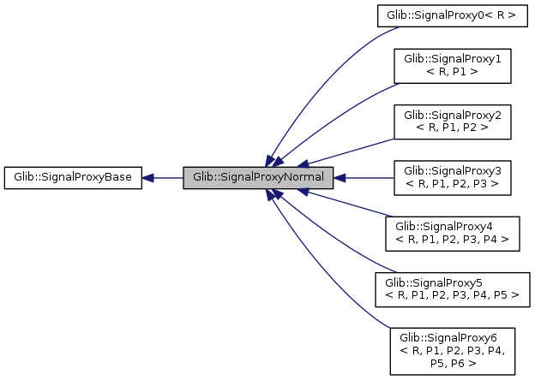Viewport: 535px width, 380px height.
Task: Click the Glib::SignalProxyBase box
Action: [x=73, y=178]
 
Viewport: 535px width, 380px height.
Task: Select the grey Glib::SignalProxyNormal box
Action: [x=257, y=178]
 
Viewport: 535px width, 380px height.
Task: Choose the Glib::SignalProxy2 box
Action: [x=451, y=121]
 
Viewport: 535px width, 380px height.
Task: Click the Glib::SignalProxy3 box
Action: [x=451, y=177]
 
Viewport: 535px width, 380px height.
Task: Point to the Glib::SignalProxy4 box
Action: [x=452, y=233]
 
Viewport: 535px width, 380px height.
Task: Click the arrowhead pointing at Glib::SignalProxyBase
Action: [x=148, y=178]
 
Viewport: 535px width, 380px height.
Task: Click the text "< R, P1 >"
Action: [x=451, y=73]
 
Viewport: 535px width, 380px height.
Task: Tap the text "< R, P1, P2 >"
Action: [x=451, y=128]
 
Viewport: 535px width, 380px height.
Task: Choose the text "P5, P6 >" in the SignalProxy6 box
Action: [x=452, y=362]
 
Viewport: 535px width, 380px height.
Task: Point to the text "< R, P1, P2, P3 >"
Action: [x=451, y=184]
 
